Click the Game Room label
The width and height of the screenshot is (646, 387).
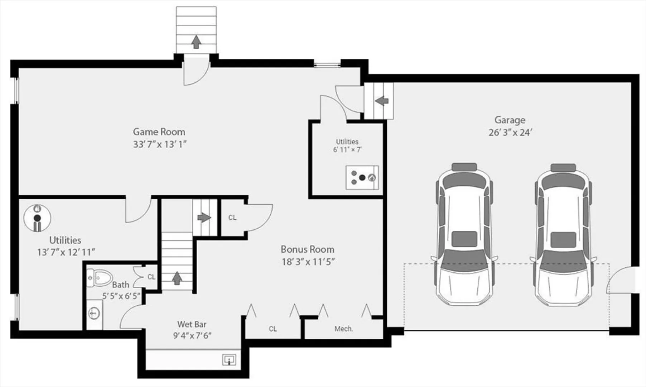pos(159,132)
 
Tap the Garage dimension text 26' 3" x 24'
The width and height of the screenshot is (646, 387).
pos(510,133)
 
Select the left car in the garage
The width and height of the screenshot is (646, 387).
pos(464,235)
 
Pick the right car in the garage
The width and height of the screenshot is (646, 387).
pos(563,235)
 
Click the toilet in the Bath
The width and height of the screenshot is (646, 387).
pos(100,277)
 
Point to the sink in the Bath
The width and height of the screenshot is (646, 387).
pos(94,314)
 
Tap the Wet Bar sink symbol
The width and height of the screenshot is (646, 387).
pos(229,359)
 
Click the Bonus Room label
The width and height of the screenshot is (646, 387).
pos(307,249)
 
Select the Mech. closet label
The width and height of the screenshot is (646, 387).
pos(344,329)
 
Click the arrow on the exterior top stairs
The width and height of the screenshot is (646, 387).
pos(196,42)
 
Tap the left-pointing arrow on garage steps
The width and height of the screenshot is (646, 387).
pos(382,101)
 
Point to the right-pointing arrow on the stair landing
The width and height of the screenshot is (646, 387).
pos(204,217)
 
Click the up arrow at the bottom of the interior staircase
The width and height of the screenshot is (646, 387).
pos(177,278)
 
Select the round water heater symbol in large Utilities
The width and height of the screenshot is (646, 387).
pos(37,218)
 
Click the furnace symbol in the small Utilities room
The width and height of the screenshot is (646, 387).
pos(362,177)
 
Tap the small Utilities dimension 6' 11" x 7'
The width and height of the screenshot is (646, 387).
pos(347,150)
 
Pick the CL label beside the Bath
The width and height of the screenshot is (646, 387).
pos(151,277)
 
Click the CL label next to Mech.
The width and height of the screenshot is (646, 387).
pos(273,329)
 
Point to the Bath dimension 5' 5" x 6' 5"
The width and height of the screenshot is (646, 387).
pos(121,296)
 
